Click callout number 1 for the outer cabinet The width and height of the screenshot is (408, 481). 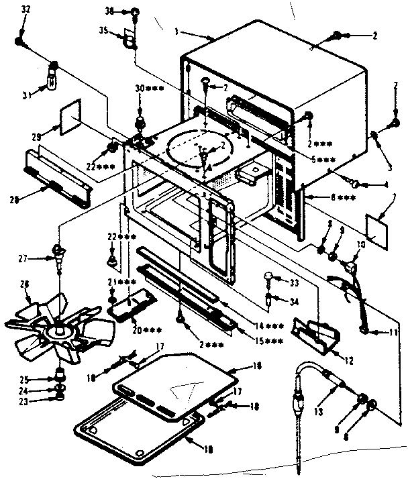176,31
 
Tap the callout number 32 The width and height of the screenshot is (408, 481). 25,10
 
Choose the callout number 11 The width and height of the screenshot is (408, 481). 391,332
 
